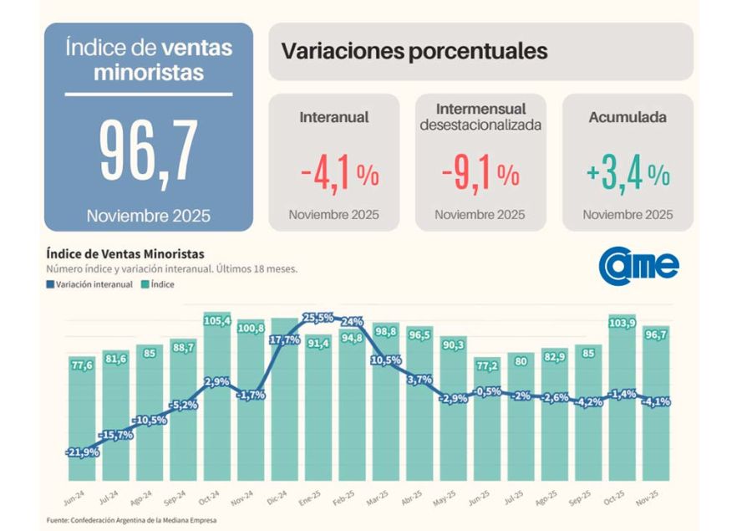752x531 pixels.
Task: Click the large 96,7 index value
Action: [x=148, y=154]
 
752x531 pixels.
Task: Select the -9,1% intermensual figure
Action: [x=480, y=174]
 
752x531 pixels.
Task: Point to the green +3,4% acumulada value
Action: [x=628, y=174]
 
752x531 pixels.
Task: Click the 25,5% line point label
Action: [x=318, y=318]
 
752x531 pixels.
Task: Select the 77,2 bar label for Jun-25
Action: [x=486, y=366]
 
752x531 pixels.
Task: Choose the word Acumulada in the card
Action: [x=628, y=118]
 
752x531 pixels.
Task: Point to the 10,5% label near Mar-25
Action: [x=385, y=360]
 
